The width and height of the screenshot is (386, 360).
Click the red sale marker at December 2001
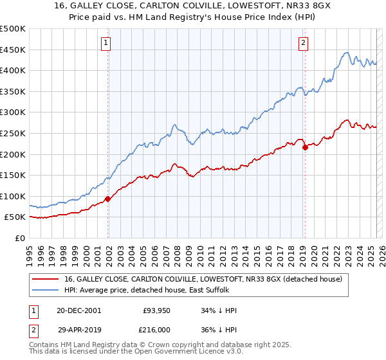(108, 199)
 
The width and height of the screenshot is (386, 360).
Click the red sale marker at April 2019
(305, 147)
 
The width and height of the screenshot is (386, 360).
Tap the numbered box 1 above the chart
(106, 44)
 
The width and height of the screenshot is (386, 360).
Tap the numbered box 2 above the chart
(303, 44)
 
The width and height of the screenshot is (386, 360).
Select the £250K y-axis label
(13, 133)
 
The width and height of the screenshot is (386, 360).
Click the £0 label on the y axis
(20, 238)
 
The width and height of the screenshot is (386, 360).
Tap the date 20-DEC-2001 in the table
(78, 310)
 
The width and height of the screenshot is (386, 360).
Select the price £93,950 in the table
(155, 310)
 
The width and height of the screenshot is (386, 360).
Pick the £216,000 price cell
(157, 330)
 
